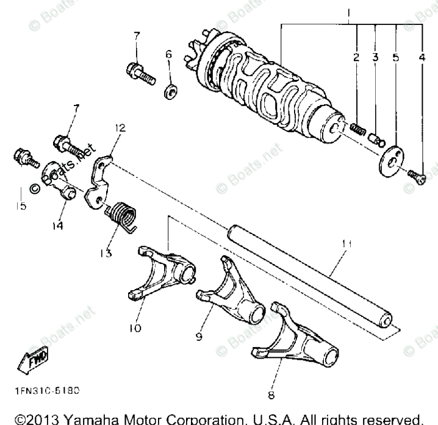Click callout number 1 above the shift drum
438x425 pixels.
coord(350,13)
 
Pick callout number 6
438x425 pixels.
coord(168,54)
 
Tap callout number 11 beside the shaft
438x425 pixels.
coord(346,244)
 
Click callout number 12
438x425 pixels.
coord(120,129)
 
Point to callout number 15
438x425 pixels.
coord(21,206)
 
